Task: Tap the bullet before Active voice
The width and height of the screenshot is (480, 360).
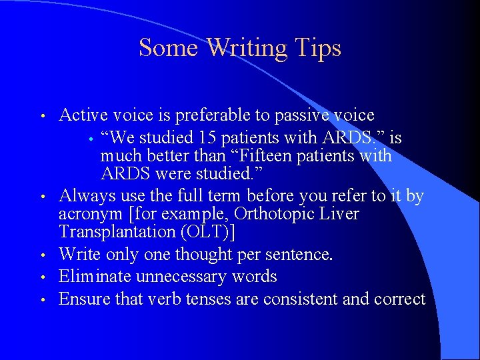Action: (x=43, y=117)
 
